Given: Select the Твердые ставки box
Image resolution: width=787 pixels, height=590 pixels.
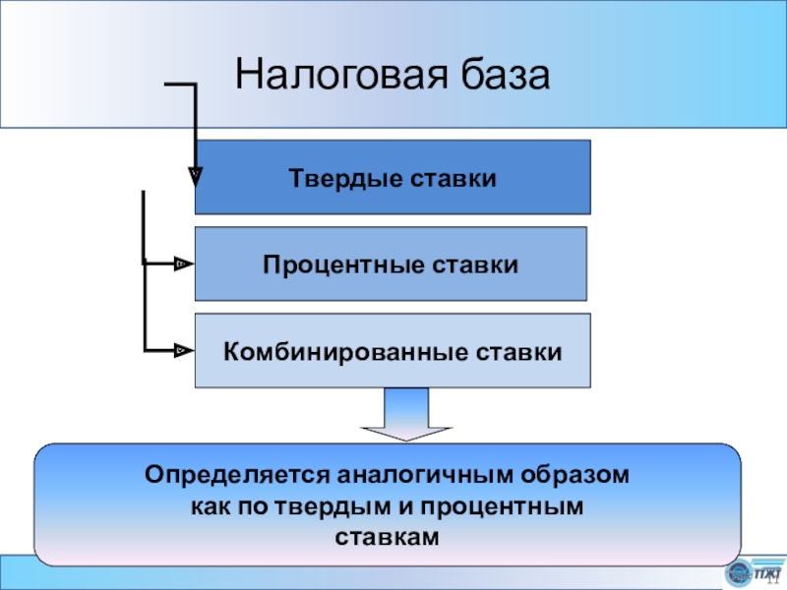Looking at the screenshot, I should point(393,177).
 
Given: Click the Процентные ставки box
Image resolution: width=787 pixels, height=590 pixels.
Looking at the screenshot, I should point(391,264).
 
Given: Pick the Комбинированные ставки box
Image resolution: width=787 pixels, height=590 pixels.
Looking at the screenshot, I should point(393,350).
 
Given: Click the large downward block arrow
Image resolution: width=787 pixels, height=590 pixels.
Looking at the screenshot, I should point(407,414).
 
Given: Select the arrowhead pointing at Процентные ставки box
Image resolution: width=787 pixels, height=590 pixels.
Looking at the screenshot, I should point(182,264).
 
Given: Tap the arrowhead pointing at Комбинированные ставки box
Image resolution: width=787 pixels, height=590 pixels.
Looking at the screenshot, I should point(182,349).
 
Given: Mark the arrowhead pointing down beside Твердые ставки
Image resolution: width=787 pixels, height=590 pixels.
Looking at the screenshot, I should point(195,176).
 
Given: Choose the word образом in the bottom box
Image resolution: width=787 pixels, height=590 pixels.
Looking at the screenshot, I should point(576,475).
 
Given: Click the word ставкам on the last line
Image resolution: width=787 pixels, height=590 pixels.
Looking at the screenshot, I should point(387,537).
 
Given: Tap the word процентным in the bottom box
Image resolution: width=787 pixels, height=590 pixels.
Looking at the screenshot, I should point(511,506).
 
